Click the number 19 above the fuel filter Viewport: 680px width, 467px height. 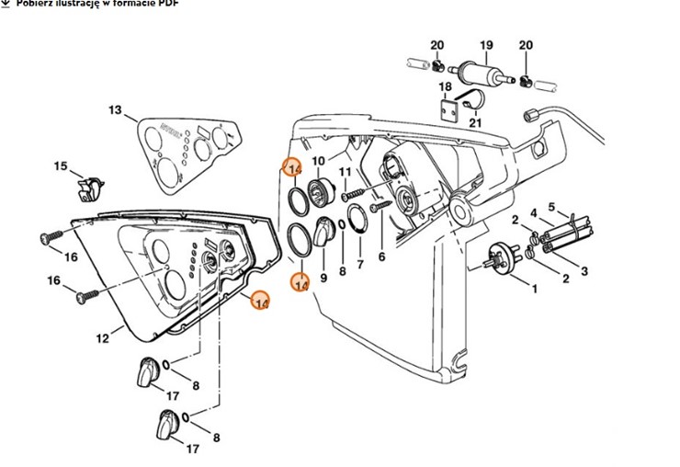pos(486,45)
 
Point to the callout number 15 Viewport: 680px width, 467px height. pos(61,166)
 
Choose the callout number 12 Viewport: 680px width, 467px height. pos(102,338)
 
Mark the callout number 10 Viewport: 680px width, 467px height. pos(319,161)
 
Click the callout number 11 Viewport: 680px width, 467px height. pos(346,172)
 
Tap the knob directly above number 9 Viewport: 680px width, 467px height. pos(324,233)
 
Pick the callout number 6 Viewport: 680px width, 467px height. pos(381,257)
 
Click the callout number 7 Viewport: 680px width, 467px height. pos(359,265)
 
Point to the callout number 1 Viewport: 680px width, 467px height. pos(531,288)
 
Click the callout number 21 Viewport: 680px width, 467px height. pos(475,121)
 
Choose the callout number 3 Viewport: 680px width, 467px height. pos(584,272)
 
